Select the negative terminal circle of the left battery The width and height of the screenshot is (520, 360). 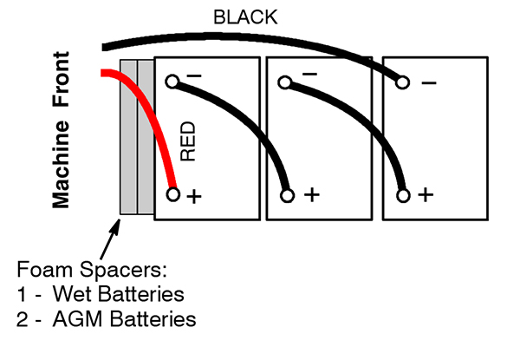coord(172,82)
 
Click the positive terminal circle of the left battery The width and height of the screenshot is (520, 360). coord(172,195)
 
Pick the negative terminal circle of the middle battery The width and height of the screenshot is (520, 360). coord(286,82)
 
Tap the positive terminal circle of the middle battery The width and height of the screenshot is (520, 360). coord(286,195)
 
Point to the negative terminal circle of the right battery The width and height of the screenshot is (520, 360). coord(400,82)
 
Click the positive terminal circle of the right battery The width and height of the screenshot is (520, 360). coord(400,195)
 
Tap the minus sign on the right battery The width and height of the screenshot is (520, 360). coord(427,83)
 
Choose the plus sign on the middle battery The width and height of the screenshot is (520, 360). coord(309,196)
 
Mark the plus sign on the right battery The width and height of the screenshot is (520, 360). coord(424,196)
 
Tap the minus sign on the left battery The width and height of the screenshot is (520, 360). coord(194,76)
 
